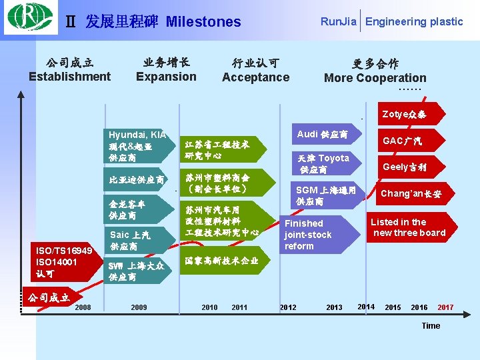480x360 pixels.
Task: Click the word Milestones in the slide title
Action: pos(203,22)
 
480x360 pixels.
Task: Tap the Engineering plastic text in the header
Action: pos(414,21)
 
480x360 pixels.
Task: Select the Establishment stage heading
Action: pos(70,76)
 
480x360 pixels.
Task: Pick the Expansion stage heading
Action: pos(166,76)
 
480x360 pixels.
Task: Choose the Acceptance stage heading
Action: pos(255,77)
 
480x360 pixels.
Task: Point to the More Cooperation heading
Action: pos(375,77)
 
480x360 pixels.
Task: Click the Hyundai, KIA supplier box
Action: pos(137,145)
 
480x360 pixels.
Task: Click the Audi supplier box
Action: pos(322,134)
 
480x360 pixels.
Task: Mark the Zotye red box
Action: pos(404,114)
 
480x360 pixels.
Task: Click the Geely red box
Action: pos(404,167)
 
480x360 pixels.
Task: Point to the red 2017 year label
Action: pos(445,307)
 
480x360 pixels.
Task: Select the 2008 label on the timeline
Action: pos(83,307)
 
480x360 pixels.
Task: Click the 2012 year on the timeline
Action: pos(288,307)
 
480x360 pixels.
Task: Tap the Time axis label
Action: pos(431,325)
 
